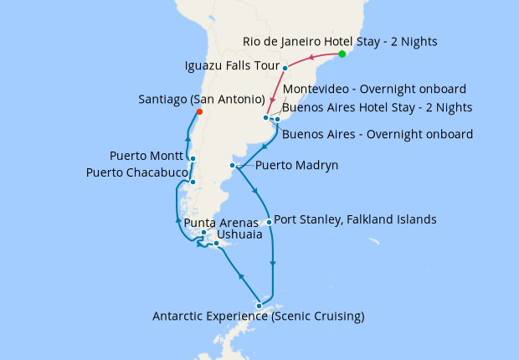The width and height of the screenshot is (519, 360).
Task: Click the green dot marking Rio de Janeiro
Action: point(342,54)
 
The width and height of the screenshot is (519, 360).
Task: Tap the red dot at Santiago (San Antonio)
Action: point(198,111)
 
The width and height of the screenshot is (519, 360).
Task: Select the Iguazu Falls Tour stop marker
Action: point(285,68)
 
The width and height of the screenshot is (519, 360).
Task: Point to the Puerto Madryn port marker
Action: point(233,166)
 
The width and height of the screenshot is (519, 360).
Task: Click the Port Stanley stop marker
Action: point(269,222)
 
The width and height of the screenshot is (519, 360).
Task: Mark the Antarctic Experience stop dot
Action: point(259,306)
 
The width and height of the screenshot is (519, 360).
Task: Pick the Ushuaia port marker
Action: point(216,244)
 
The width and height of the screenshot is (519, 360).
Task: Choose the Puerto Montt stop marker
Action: point(193,159)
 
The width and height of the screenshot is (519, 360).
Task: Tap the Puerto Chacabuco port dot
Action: point(193,182)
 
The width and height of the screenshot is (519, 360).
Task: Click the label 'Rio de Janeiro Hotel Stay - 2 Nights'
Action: point(340,41)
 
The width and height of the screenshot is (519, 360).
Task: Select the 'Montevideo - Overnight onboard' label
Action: point(374,90)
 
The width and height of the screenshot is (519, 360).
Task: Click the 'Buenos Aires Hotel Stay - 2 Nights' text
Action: point(378,107)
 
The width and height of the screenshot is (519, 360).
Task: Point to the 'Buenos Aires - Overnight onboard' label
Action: point(378,134)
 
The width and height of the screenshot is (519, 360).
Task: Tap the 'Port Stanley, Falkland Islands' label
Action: point(355,220)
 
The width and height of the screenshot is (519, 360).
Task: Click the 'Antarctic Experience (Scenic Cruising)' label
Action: point(259,316)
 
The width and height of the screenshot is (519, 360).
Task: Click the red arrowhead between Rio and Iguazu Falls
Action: point(311,58)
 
